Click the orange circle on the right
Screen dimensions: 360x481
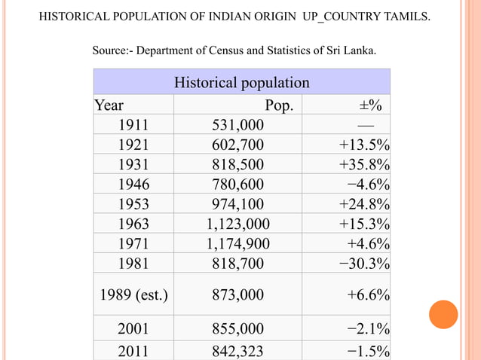[443, 314]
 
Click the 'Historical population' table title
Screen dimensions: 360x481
[241, 82]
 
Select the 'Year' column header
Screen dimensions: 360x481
[109, 105]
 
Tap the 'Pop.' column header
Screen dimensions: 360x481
[279, 105]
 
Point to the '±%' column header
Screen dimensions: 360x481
[369, 105]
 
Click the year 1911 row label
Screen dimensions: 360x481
[133, 125]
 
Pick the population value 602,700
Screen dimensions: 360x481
[237, 145]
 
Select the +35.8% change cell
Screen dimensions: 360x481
[364, 164]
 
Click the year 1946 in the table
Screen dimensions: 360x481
[133, 184]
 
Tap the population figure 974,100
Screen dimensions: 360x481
[237, 203]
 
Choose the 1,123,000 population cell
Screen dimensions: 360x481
[237, 224]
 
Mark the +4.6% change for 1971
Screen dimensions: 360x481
[368, 243]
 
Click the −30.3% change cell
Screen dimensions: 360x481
[364, 263]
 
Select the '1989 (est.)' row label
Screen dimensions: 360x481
[133, 294]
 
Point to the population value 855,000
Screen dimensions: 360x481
[237, 328]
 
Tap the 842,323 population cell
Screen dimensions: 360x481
[237, 350]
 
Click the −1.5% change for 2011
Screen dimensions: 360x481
[368, 350]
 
